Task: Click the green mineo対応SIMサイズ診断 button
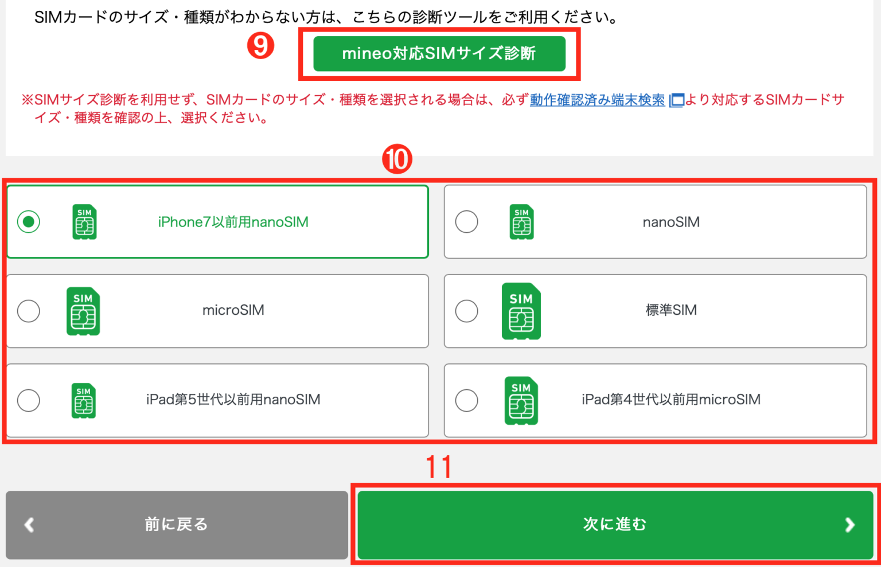click(x=439, y=54)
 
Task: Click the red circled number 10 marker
click(x=397, y=159)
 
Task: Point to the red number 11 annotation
click(x=439, y=467)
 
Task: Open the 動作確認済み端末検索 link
click(x=597, y=100)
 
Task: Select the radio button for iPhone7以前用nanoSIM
click(x=29, y=222)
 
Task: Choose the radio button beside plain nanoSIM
click(x=466, y=222)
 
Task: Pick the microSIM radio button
click(x=29, y=311)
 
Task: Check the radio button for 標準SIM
click(x=466, y=311)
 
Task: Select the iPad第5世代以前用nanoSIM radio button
click(x=29, y=400)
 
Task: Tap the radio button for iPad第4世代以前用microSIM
click(x=466, y=400)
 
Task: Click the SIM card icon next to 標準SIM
click(x=521, y=311)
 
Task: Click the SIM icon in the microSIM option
click(x=83, y=311)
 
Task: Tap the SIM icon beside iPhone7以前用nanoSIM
click(x=84, y=222)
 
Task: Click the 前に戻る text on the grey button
click(x=176, y=524)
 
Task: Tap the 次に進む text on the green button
click(x=614, y=524)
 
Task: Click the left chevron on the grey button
click(x=29, y=525)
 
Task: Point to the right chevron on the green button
click(x=849, y=525)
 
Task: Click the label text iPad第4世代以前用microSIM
click(x=671, y=400)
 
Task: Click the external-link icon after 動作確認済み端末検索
click(x=677, y=100)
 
